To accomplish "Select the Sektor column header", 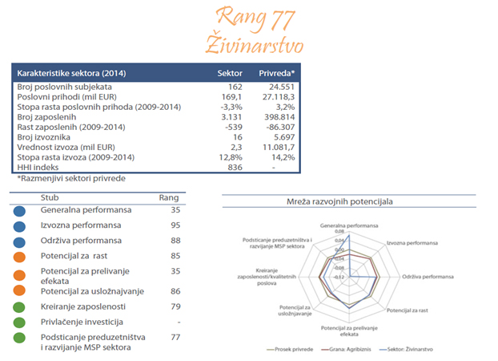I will (x=230, y=72).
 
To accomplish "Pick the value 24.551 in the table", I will (x=280, y=86).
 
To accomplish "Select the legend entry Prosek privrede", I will (x=288, y=350).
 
